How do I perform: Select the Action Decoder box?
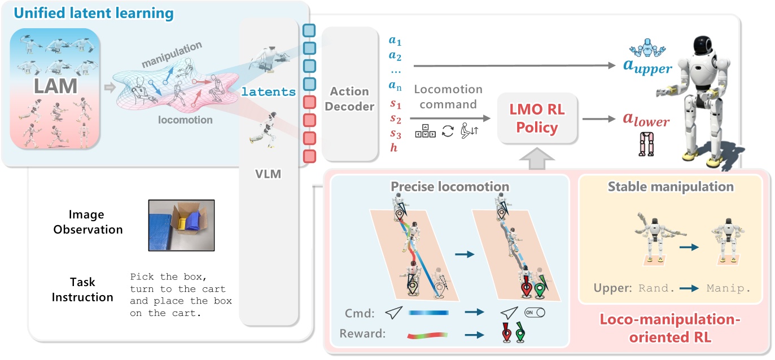click(349, 98)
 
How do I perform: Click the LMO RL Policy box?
click(537, 119)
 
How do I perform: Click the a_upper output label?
click(647, 67)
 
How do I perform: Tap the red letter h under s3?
click(393, 147)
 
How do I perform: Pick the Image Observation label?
click(86, 222)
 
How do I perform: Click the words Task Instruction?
click(82, 289)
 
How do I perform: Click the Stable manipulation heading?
click(671, 186)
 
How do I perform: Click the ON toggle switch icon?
click(534, 312)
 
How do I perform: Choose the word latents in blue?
click(269, 92)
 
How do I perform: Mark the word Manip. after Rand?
click(729, 287)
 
